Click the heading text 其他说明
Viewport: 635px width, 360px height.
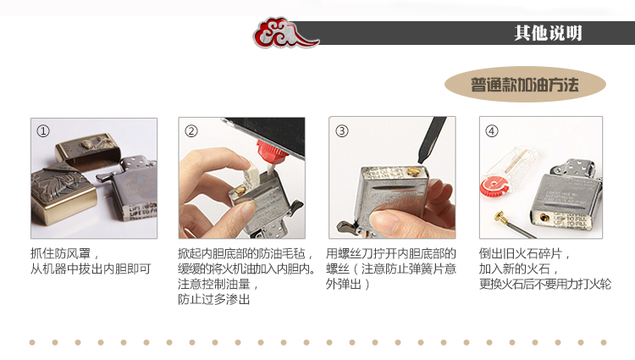[x=548, y=33]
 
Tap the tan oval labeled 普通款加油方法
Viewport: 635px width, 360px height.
[x=525, y=85]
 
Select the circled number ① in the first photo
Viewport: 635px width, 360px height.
[x=43, y=130]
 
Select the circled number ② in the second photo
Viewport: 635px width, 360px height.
[x=190, y=130]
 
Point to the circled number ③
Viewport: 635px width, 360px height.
[x=342, y=130]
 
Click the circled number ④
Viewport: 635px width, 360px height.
[x=492, y=130]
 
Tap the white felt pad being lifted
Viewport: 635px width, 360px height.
[x=252, y=174]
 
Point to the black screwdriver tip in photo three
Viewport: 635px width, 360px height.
[x=429, y=141]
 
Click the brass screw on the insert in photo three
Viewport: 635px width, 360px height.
[x=412, y=172]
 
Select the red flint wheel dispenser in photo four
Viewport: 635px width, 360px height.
[x=494, y=188]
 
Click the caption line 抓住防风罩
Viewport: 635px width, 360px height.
[x=64, y=254]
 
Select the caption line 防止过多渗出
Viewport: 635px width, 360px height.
[x=213, y=299]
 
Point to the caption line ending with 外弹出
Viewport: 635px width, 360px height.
[x=347, y=284]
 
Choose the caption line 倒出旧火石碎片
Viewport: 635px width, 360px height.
[x=524, y=254]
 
